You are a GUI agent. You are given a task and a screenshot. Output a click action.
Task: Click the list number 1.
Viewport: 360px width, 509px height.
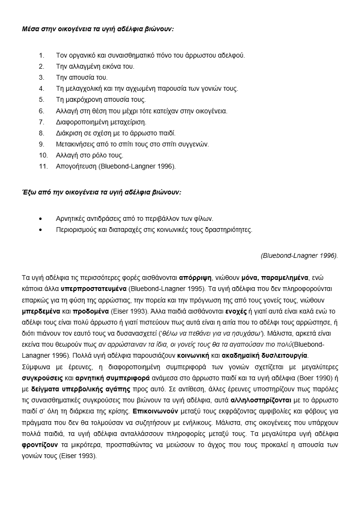click(41, 55)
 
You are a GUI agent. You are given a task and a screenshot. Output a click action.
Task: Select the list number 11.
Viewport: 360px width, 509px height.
click(43, 167)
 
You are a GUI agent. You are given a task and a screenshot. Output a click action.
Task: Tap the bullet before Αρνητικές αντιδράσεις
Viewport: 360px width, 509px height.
click(44, 218)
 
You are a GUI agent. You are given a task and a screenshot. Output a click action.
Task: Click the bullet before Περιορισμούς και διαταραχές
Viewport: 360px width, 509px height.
click(44, 230)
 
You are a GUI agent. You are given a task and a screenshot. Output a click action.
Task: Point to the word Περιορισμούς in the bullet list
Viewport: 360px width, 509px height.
click(78, 230)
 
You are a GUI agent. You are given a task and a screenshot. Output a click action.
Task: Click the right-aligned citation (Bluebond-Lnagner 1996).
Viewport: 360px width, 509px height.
click(299, 255)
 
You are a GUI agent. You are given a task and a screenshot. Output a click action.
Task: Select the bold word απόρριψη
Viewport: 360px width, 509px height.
click(195, 278)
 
